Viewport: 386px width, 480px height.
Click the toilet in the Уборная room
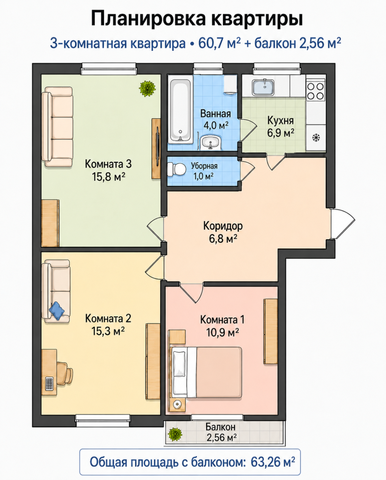click(177, 170)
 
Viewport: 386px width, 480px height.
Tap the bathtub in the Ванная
click(180, 109)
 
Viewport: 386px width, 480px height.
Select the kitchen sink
click(263, 87)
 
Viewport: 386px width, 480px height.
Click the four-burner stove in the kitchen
click(315, 91)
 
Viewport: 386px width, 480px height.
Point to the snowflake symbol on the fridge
click(316, 138)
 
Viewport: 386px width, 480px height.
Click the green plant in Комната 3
click(147, 89)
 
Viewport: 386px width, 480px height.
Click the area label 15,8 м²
click(108, 177)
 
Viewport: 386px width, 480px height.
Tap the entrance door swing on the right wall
click(342, 224)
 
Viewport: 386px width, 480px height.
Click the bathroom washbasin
click(211, 142)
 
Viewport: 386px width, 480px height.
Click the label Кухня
click(280, 121)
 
